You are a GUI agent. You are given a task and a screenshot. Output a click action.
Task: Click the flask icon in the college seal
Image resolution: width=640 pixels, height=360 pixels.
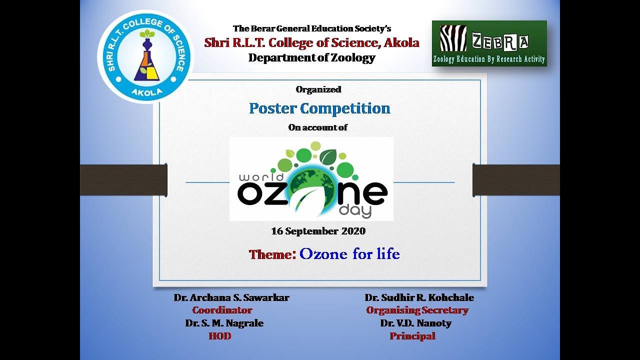point(146,62)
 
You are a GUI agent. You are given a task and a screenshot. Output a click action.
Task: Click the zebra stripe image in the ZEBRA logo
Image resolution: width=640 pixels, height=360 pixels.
point(453,38)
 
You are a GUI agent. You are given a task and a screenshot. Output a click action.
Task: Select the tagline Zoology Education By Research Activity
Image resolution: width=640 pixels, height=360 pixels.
point(489,59)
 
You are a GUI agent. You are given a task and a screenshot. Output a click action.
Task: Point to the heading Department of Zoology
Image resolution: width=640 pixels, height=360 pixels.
point(311,57)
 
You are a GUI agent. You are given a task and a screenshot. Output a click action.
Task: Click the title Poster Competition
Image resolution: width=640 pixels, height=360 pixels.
point(319,108)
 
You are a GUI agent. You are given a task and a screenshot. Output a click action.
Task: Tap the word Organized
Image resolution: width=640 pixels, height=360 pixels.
point(318,89)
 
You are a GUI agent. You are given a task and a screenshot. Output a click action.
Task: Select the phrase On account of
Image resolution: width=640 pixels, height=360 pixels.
point(318,127)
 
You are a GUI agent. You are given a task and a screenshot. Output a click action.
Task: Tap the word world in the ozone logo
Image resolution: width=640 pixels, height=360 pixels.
point(261,178)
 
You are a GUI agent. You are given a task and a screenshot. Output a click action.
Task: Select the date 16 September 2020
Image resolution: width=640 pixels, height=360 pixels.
point(318,231)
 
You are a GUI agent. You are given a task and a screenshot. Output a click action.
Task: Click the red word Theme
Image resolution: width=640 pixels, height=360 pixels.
point(272,254)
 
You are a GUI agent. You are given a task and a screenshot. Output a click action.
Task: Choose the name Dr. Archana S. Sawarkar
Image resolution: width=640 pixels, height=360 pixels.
point(231,297)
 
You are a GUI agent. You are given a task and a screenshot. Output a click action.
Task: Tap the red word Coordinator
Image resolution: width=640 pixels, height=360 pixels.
point(222,310)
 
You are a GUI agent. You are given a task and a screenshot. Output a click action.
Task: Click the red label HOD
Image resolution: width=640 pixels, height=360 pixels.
point(220,336)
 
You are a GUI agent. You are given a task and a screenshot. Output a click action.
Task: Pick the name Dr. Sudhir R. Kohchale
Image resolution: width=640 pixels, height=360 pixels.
point(419,297)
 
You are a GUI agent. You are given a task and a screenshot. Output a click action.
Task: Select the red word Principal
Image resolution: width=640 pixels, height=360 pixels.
point(412,336)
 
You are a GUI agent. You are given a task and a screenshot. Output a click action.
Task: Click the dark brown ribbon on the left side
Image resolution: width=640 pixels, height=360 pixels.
point(123,180)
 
